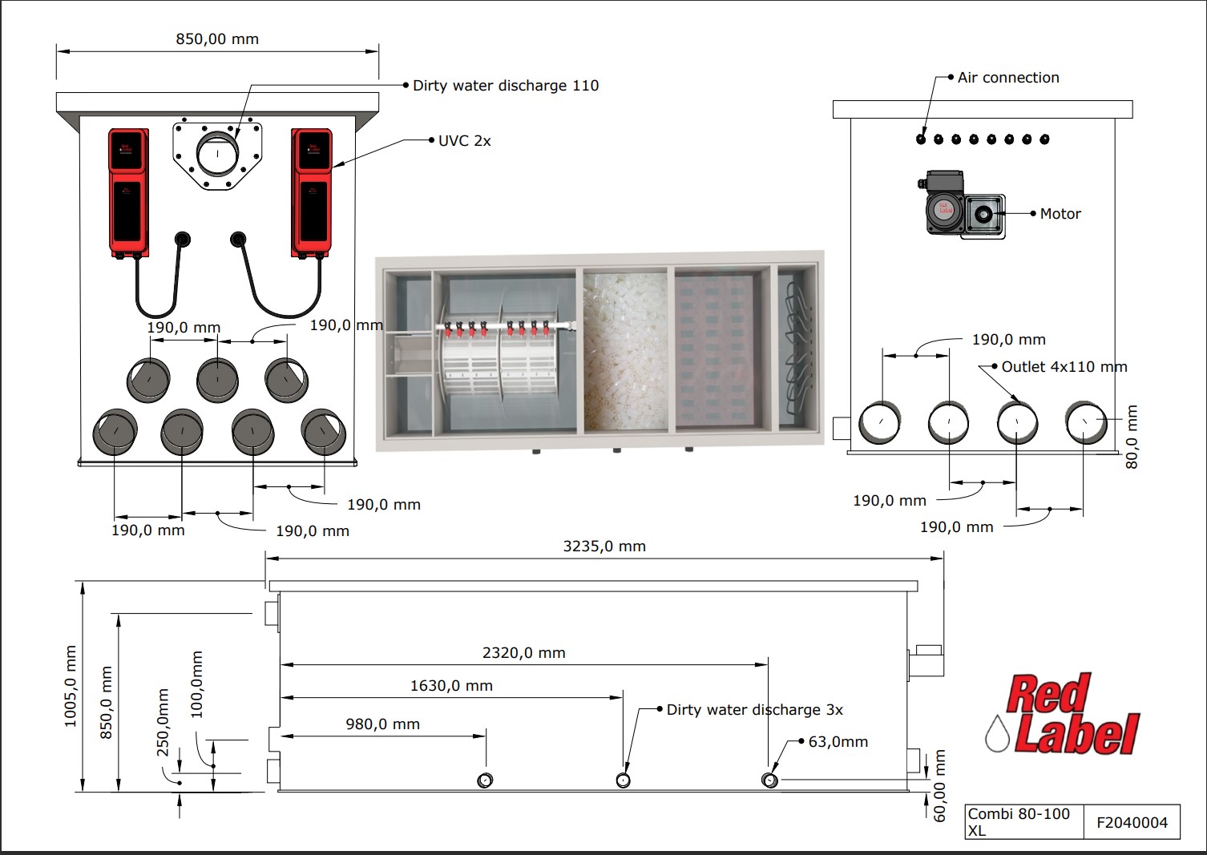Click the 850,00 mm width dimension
click(217, 39)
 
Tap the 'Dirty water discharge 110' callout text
click(505, 86)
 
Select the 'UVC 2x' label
click(464, 141)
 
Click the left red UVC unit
click(128, 192)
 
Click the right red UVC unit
click(311, 192)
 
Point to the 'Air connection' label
click(1007, 78)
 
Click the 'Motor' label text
click(1060, 214)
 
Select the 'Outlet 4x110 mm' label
click(1064, 367)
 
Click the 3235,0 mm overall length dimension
click(603, 546)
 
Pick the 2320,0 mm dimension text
click(523, 653)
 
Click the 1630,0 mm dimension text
click(451, 686)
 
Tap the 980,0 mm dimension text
click(382, 724)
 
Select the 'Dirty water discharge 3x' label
click(754, 710)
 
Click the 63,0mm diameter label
click(838, 742)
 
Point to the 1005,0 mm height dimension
click(71, 687)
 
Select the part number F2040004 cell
click(1132, 822)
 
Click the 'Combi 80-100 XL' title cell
click(1019, 821)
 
